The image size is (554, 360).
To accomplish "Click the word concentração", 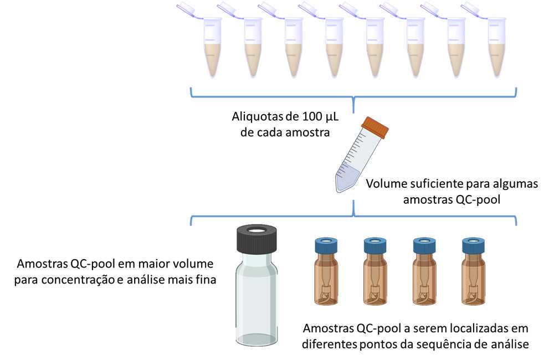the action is coord(78,280).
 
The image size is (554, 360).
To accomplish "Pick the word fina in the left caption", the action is coord(206,280).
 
